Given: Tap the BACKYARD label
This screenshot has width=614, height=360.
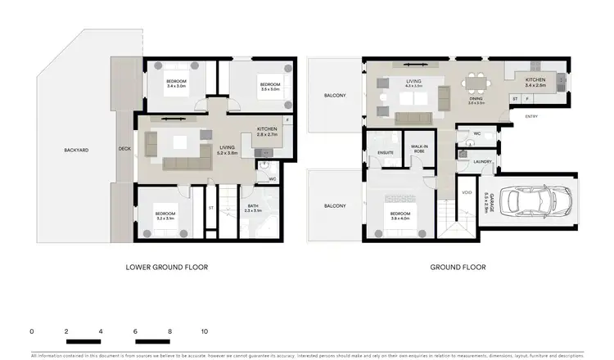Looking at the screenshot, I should click(x=76, y=150).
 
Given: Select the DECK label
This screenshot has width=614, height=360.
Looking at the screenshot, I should click(x=124, y=149).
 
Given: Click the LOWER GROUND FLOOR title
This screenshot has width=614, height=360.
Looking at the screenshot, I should click(x=166, y=267).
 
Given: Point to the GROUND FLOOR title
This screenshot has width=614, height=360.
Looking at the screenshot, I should click(x=457, y=267).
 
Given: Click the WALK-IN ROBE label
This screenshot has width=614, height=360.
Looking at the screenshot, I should click(x=421, y=148).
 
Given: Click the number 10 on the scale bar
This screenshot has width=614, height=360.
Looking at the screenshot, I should click(x=205, y=331).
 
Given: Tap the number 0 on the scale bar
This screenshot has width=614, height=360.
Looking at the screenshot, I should click(x=31, y=331).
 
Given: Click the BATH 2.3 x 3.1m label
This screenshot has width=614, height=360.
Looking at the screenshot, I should click(x=252, y=209).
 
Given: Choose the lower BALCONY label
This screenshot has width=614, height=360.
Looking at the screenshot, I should click(x=334, y=205).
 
